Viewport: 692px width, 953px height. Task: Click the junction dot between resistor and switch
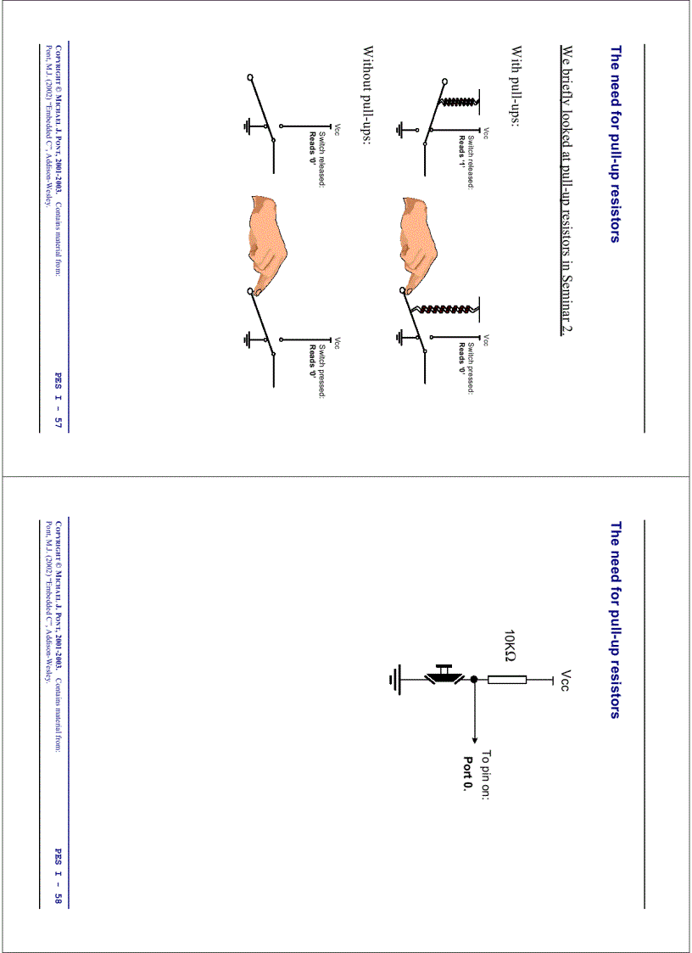point(473,679)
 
